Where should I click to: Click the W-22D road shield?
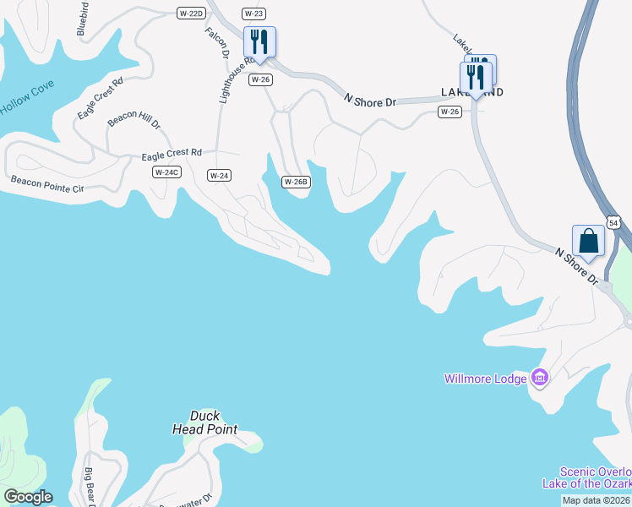pos(191,13)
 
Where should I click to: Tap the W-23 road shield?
pos(253,13)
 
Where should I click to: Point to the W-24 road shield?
pos(219,175)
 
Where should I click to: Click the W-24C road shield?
pos(166,172)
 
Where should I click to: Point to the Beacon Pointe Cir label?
pos(47,183)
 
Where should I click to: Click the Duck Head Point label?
pos(205,422)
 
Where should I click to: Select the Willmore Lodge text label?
pos(485,379)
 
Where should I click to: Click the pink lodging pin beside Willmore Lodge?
pos(539,378)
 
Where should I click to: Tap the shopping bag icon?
pos(588,241)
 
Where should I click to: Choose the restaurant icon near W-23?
pos(259,42)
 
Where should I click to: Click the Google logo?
pos(28,497)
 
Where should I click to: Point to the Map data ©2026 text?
pos(596,500)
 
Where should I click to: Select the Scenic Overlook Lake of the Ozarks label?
pos(595,477)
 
